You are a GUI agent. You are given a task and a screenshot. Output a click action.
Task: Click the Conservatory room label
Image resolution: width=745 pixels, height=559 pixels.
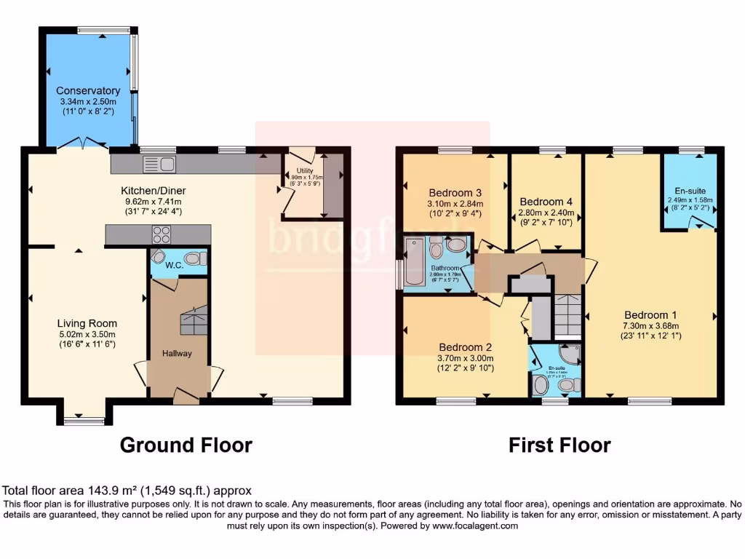coord(88,91)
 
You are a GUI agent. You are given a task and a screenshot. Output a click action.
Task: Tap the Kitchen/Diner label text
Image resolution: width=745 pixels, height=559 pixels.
coord(154,191)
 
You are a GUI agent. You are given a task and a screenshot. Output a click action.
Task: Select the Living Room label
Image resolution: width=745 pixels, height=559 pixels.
coord(87,323)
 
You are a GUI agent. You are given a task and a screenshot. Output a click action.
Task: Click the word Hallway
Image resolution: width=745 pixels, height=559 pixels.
coord(178,354)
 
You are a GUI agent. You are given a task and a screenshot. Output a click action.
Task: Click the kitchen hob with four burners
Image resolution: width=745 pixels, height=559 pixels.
coord(160,234)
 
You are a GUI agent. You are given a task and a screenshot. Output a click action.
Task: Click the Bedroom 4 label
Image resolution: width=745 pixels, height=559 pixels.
coord(546,202)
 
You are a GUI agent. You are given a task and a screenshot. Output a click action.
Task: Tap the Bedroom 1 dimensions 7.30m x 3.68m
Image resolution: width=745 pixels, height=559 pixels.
coord(650,326)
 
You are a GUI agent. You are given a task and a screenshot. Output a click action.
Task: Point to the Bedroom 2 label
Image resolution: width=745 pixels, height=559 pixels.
coord(466,347)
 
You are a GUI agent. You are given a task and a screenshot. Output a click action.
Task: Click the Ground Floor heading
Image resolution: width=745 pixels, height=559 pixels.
coord(186,445)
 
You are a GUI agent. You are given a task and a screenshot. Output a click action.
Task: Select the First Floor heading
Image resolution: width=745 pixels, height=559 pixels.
coord(559,445)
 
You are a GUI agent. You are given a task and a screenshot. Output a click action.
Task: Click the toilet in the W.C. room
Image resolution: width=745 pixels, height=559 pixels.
coord(193,258)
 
